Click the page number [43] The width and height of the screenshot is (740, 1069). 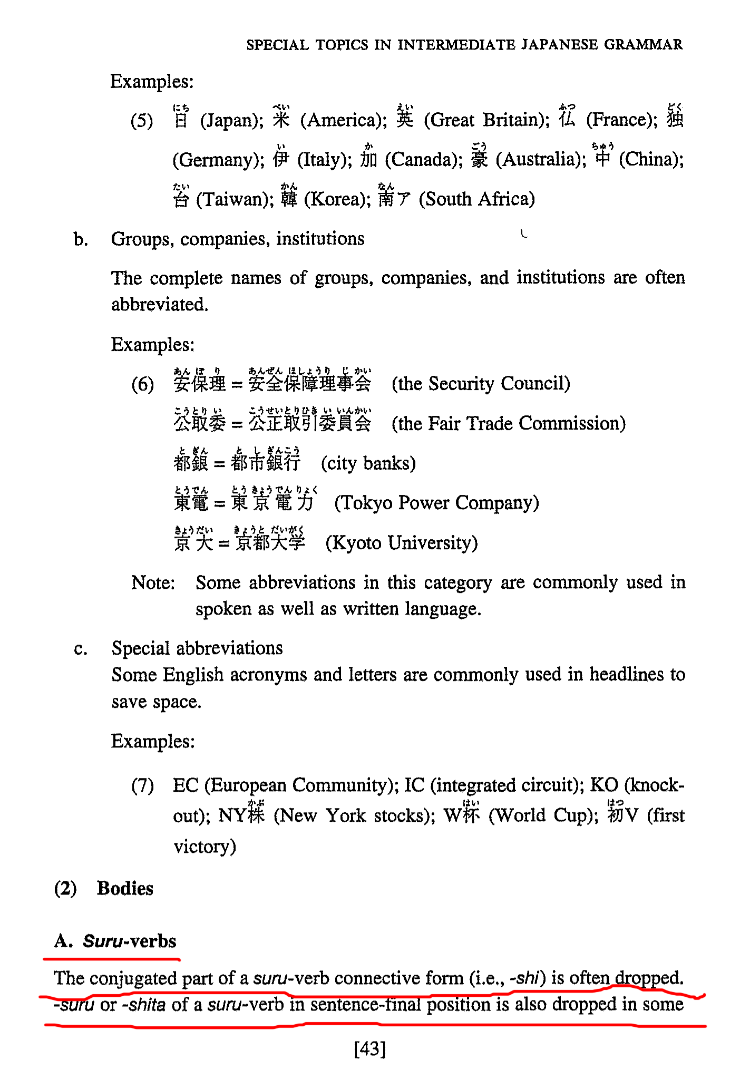tap(370, 1048)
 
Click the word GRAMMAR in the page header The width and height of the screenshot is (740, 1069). tap(643, 44)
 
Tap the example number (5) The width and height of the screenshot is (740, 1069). tap(142, 121)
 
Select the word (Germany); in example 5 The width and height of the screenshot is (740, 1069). tap(218, 160)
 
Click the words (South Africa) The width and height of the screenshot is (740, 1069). tap(476, 199)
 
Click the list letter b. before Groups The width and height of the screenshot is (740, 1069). tap(81, 240)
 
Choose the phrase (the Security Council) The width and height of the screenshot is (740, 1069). tap(481, 384)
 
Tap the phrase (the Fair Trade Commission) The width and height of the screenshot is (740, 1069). tap(508, 423)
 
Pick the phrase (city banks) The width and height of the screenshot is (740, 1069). tap(368, 463)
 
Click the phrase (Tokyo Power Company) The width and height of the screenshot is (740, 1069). tap(436, 503)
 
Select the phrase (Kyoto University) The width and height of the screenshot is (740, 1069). tap(402, 542)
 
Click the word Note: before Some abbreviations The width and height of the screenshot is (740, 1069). tap(153, 582)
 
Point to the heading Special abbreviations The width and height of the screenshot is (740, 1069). tap(197, 648)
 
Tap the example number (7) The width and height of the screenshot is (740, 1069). tap(142, 786)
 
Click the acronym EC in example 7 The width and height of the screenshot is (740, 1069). tap(186, 785)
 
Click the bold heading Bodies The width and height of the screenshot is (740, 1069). tap(125, 889)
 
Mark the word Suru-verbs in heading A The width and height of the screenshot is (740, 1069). tap(130, 941)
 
